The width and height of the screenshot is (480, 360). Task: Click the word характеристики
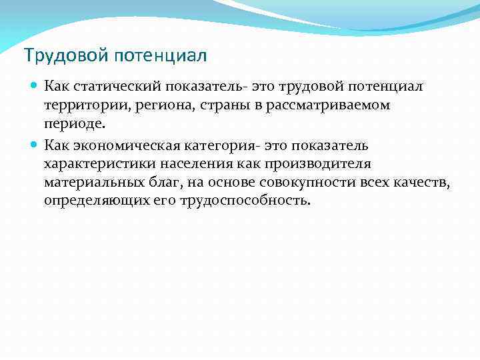[x=98, y=164]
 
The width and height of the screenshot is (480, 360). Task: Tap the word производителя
[x=323, y=164]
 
